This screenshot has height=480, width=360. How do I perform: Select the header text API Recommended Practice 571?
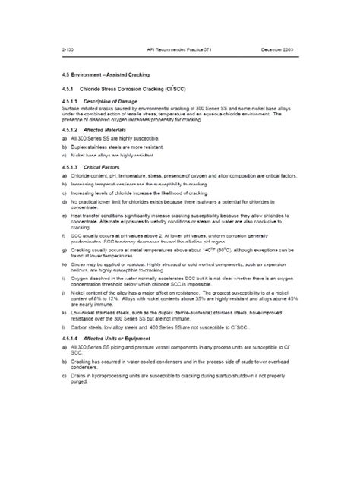(x=178, y=49)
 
